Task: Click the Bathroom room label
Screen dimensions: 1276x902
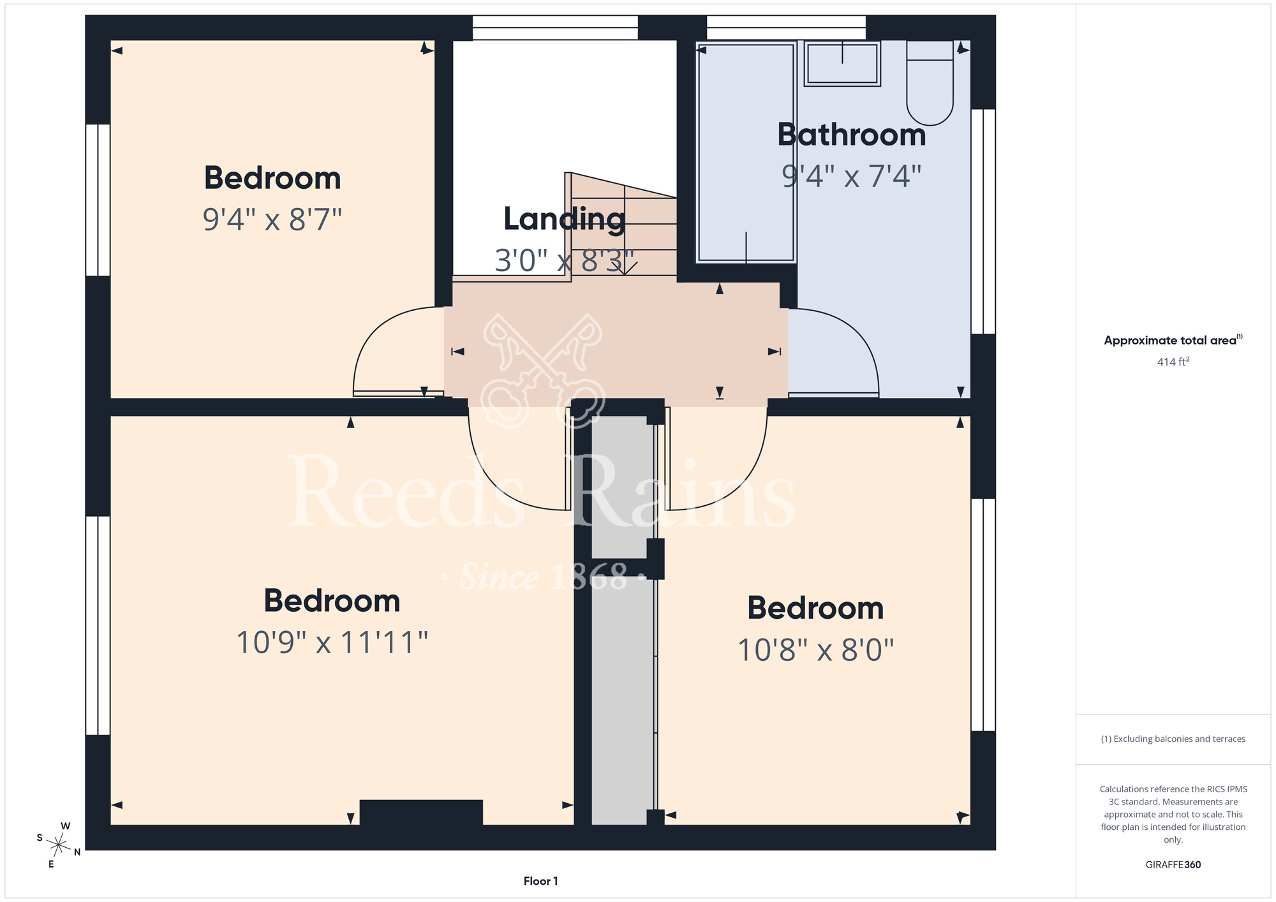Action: pos(851,135)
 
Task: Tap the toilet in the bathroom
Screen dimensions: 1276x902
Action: pos(930,83)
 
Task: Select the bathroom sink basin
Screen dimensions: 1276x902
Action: pos(842,63)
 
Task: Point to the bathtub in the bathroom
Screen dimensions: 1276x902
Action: pos(746,152)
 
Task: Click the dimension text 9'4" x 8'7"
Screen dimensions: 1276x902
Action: pos(272,219)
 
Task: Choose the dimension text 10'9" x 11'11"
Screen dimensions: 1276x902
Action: pos(332,642)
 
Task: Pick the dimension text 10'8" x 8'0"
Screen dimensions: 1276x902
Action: pos(815,650)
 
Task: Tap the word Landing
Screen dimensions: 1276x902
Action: pos(564,219)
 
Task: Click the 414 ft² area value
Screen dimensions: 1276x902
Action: pos(1173,362)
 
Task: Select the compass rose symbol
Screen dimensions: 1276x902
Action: pos(58,846)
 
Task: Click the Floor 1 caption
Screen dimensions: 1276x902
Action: pos(540,881)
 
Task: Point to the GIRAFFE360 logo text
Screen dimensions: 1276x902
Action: pos(1173,865)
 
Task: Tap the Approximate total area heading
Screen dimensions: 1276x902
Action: pos(1173,340)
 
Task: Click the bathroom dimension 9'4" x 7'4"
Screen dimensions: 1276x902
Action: pos(852,176)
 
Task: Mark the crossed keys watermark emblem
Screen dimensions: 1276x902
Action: pos(543,371)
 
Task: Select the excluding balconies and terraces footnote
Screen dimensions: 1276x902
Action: pos(1173,739)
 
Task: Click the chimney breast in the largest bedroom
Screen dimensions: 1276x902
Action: pos(421,812)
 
